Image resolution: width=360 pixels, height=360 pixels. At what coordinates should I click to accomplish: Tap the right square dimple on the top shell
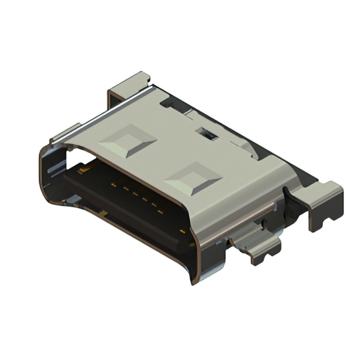193,179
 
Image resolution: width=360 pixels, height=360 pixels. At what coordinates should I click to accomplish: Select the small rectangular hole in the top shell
207,134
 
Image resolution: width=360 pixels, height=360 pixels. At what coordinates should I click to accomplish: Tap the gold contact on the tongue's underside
105,213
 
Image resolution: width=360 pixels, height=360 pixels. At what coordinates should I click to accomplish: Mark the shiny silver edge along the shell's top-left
101,112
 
